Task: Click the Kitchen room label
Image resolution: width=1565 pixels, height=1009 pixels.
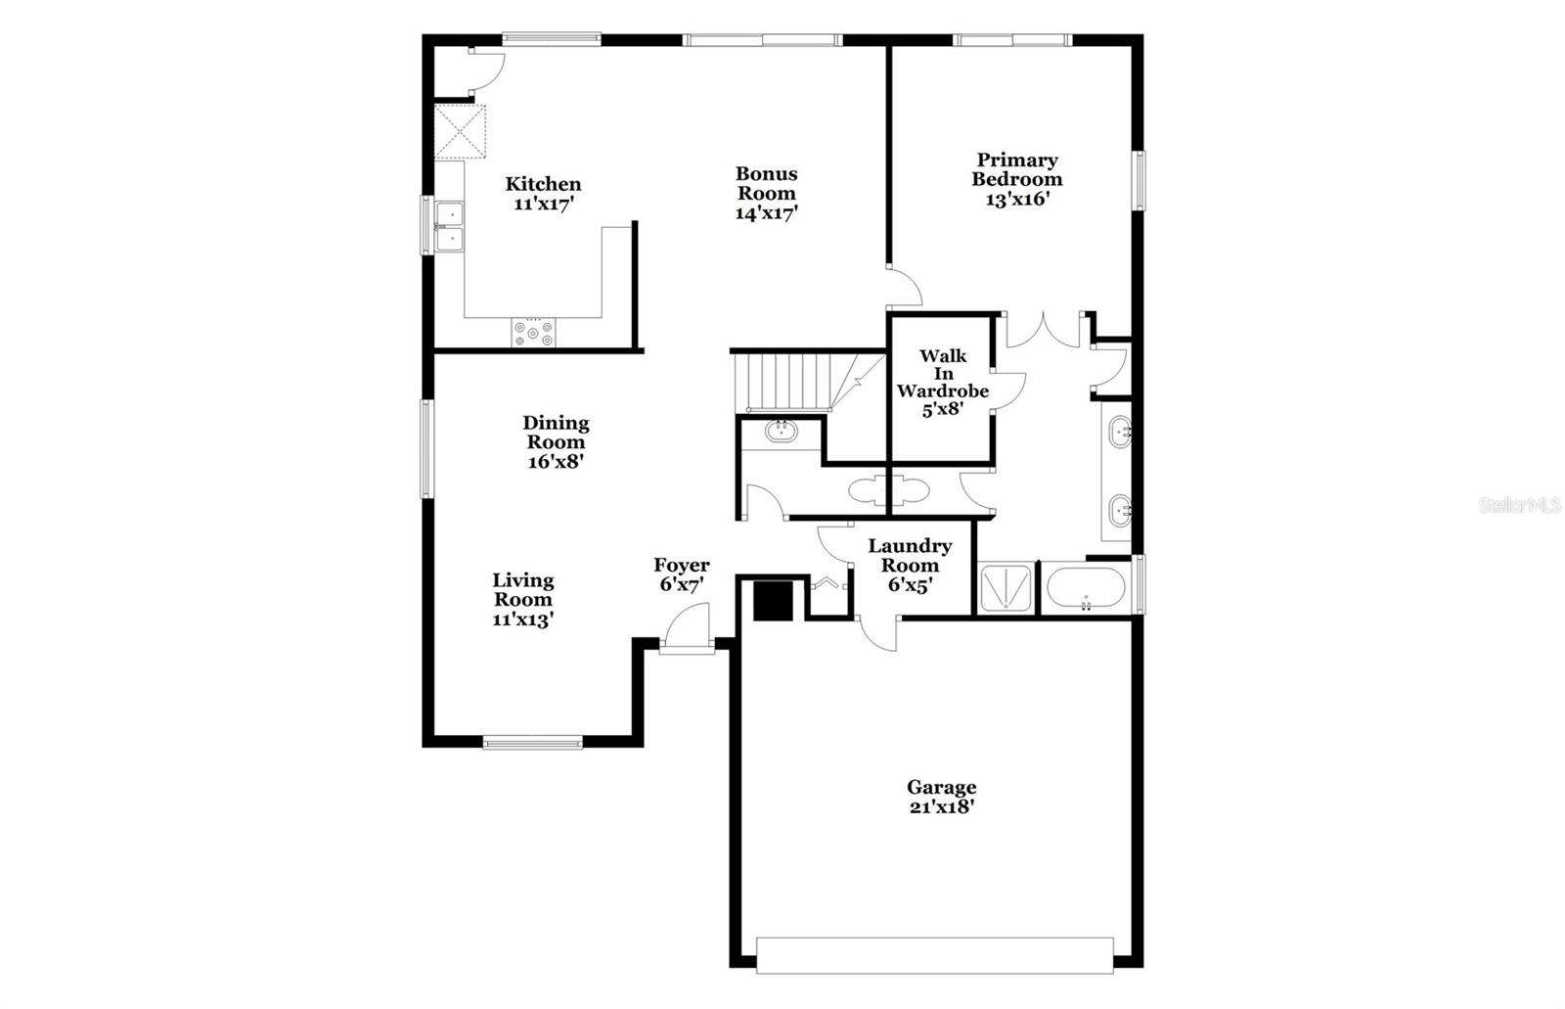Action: point(543,194)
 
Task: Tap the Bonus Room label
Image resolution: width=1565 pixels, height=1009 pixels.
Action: point(767,193)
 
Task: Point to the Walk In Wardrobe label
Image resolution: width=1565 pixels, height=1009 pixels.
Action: point(942,382)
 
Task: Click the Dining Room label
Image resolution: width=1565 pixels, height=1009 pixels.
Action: point(556,441)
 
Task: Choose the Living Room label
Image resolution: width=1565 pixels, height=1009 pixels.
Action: point(522,599)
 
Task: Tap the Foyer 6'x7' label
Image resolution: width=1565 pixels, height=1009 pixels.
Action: point(682,574)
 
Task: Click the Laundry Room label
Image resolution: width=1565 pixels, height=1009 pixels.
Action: point(910,565)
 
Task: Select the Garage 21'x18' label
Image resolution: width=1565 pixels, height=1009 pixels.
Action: point(941,797)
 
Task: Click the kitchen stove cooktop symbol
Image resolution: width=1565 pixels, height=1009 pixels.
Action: point(533,332)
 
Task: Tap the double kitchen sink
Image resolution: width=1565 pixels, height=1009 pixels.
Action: point(449,226)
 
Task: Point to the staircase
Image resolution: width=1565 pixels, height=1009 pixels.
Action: point(792,382)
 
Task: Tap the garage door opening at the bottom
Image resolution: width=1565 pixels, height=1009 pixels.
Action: point(934,955)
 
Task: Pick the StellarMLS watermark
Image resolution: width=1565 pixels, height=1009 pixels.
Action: point(1519,505)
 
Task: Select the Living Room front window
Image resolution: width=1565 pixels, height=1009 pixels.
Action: point(533,742)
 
